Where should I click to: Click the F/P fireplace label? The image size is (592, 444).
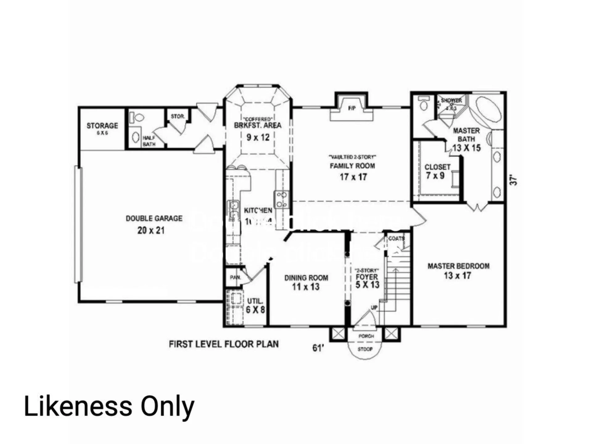click(x=351, y=108)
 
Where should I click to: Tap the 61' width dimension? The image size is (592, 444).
click(x=318, y=348)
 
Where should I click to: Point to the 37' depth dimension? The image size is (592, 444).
click(x=513, y=180)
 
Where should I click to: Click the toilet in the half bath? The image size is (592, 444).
click(x=138, y=117)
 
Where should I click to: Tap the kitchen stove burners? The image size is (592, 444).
click(x=282, y=199)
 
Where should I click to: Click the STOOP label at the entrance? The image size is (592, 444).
click(x=365, y=349)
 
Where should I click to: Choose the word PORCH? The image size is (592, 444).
click(x=366, y=336)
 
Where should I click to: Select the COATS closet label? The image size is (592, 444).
click(x=396, y=238)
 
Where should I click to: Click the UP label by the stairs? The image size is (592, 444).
click(x=374, y=307)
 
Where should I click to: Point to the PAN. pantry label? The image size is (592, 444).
click(x=235, y=277)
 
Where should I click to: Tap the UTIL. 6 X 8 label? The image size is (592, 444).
click(x=255, y=306)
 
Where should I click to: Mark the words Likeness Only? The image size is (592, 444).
click(x=109, y=406)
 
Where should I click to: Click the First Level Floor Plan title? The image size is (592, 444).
click(x=224, y=344)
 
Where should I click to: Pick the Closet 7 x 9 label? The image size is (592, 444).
click(x=437, y=171)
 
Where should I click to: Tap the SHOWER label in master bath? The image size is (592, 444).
click(x=451, y=101)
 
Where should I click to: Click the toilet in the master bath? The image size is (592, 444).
click(x=424, y=104)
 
